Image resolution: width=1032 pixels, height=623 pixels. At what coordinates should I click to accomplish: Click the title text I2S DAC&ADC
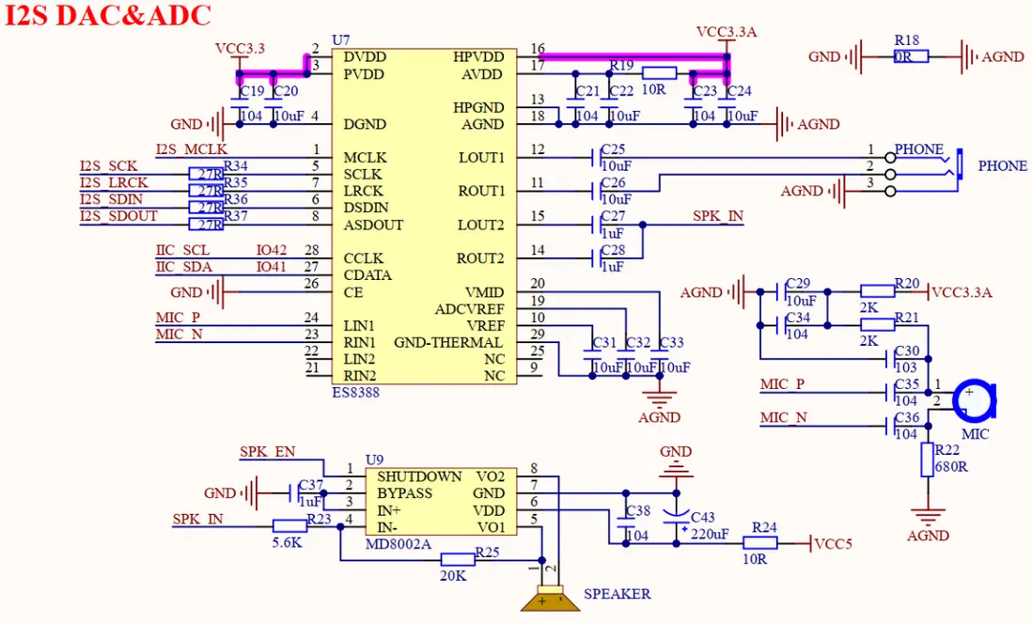108,16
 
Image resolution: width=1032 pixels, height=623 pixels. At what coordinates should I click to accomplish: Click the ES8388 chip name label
355,393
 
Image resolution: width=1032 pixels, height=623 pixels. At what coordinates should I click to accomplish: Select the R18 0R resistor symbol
911,56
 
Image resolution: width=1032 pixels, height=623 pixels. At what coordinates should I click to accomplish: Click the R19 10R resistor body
660,73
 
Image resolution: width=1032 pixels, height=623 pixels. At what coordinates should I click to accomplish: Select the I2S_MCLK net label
192,149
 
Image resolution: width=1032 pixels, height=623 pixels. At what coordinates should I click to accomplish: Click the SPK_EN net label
267,452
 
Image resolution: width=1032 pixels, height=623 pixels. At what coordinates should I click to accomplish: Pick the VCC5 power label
833,543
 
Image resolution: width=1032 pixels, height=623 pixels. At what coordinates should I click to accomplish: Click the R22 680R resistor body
927,460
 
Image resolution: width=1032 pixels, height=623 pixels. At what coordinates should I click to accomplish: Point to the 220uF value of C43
710,534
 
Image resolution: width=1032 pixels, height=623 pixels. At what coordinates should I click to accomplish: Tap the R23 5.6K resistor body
289,526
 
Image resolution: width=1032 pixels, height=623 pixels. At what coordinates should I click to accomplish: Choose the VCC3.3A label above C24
726,32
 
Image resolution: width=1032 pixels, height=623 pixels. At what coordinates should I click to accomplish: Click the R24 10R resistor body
759,543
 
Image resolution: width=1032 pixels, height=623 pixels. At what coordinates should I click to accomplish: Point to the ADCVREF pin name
469,309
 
